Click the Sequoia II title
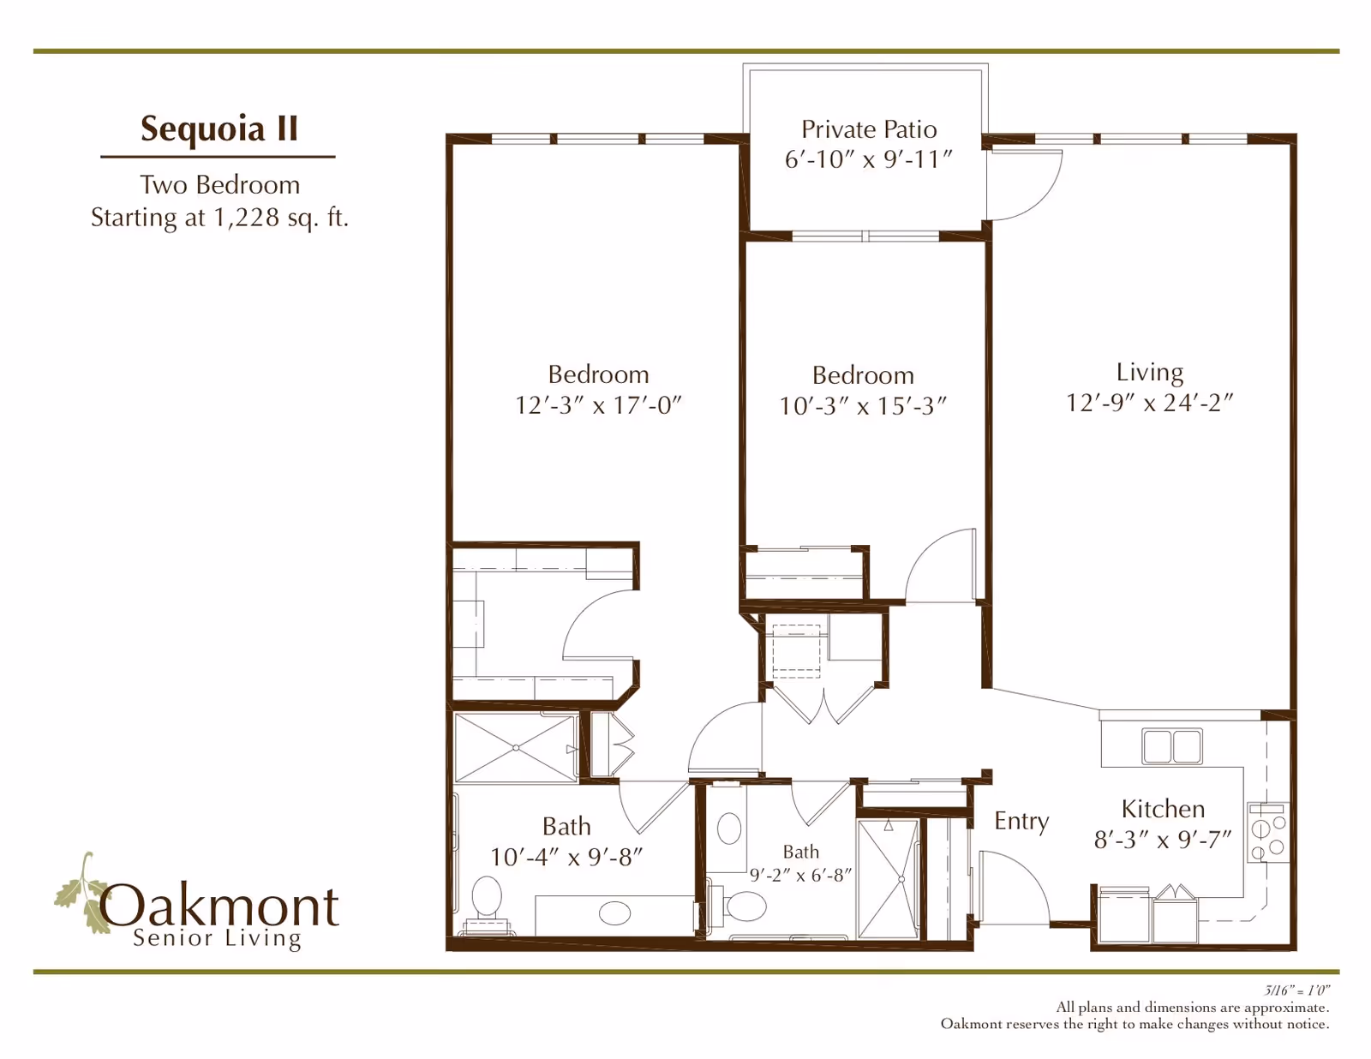pos(219,129)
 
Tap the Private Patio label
pos(869,130)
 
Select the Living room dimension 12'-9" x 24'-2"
pos(1150,403)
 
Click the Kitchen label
pos(1163,809)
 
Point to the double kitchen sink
pos(1171,746)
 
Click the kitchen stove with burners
pos(1268,833)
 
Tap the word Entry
pos(1021,821)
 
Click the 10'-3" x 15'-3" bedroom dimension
pos(863,405)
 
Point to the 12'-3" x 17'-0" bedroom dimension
pos(599,404)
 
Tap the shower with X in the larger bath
pos(516,748)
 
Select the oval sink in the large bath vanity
pos(614,913)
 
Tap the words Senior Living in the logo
pos(217,938)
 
